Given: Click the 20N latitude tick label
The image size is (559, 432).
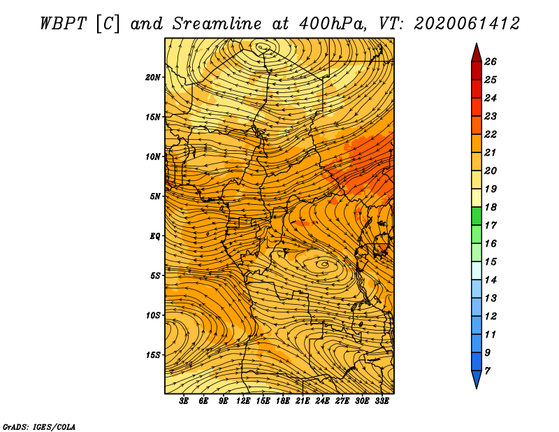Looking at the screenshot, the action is coord(153,78).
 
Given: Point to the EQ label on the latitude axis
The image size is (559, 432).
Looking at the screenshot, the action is coord(154,236).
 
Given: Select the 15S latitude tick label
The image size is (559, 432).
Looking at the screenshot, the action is coord(153,355).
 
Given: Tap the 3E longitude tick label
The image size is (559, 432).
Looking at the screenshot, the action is coord(183,401).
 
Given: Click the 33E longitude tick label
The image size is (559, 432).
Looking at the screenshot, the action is coord(382,401).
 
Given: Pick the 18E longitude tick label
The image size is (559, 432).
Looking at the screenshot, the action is coord(282,401).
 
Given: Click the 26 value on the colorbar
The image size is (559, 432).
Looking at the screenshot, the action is coord(491,62).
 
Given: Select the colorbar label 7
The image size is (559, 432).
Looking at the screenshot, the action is coord(487,371).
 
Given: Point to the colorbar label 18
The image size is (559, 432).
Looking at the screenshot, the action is coord(491,207).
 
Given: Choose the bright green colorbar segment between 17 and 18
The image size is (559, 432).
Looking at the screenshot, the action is coord(477,216).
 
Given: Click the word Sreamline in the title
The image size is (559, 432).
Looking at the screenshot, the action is coord(217,24).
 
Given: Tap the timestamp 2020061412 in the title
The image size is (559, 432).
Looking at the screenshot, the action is coord(467,24).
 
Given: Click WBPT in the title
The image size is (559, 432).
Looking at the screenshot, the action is coord(63,24).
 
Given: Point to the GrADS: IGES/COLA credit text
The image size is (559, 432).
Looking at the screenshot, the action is coord(39,426).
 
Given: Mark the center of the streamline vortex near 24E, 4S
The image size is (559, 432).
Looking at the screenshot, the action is coord(324,264).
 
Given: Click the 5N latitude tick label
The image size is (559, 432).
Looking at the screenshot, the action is coord(154,196).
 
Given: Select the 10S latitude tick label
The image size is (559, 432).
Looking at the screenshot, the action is coord(153,315).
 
